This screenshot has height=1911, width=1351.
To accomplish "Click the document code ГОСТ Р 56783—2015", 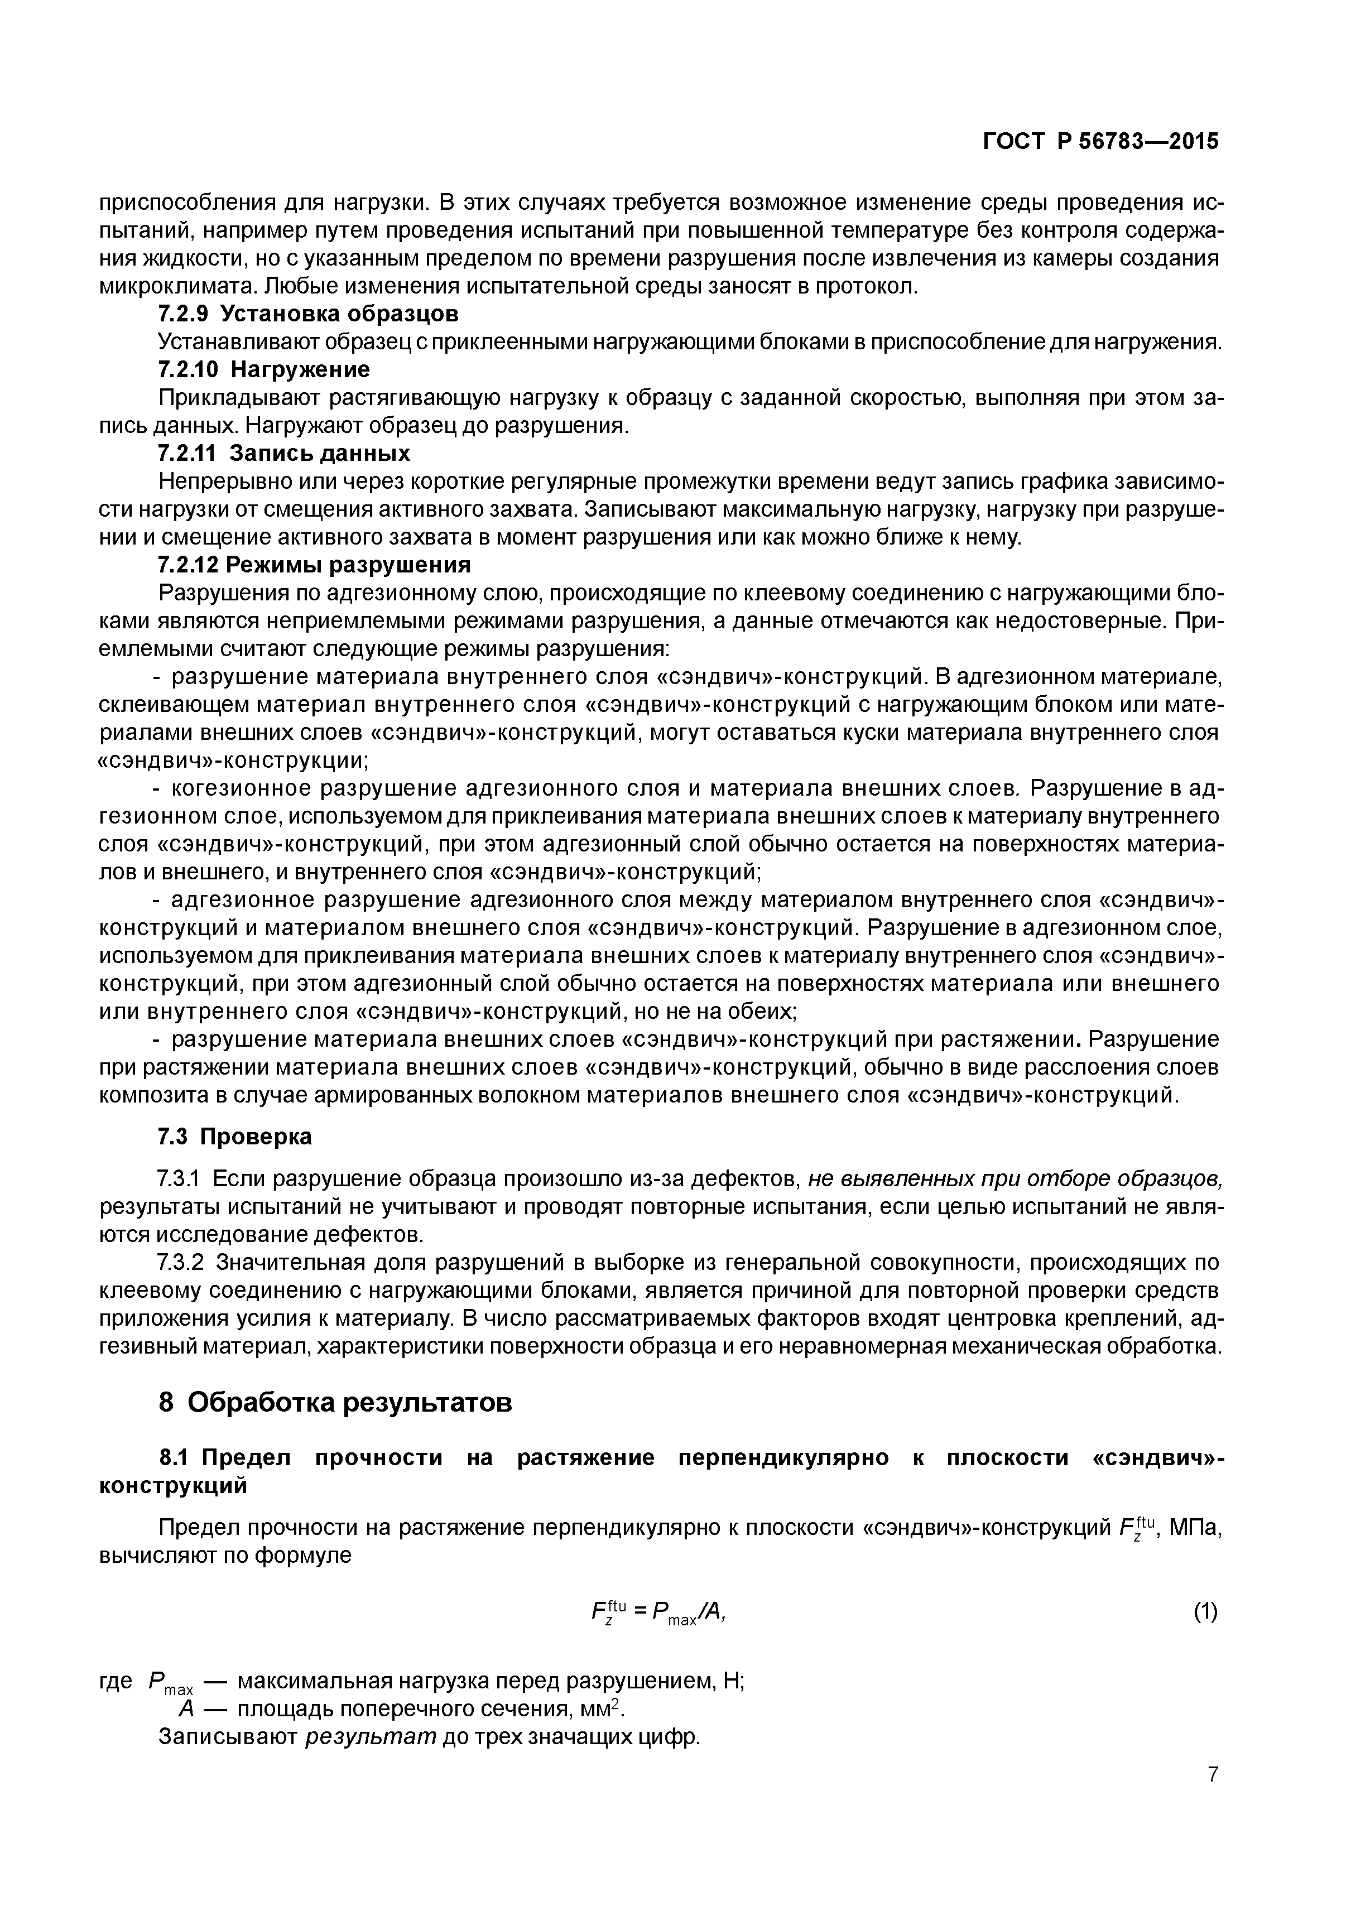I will tap(1100, 142).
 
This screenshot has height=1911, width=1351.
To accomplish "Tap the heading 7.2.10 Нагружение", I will tap(264, 369).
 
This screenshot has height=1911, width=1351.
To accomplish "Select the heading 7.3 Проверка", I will tap(235, 1136).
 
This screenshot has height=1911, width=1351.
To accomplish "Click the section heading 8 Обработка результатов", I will tap(335, 1403).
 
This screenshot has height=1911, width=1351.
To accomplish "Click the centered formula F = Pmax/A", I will tap(657, 1612).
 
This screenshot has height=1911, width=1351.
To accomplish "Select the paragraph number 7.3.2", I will tap(181, 1263).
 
